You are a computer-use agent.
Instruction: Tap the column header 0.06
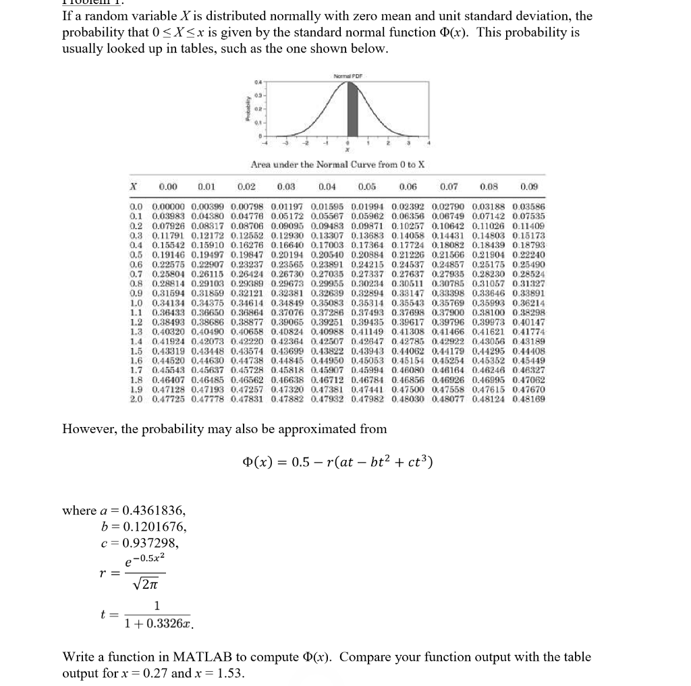408,186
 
